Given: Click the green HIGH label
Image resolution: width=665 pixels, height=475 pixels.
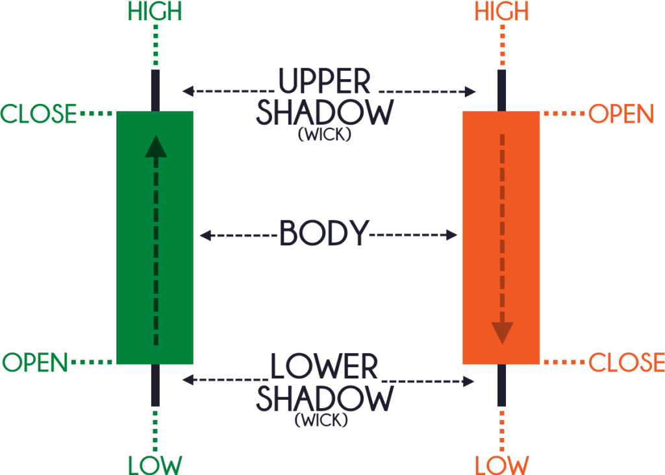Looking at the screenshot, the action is click(x=155, y=12).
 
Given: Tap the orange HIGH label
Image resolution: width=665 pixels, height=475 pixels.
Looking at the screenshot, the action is click(x=502, y=12).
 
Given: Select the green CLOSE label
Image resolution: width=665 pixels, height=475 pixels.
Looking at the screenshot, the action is click(x=38, y=114).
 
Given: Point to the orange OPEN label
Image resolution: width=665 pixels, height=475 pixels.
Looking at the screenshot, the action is click(x=621, y=114).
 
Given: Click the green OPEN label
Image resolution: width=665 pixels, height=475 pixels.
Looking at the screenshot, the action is click(x=35, y=363).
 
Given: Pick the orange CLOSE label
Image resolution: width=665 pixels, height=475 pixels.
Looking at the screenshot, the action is click(x=627, y=362).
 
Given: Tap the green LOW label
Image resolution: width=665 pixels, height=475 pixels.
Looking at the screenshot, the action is click(x=155, y=465).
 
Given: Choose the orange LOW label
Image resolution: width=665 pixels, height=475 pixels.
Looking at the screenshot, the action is click(x=502, y=465).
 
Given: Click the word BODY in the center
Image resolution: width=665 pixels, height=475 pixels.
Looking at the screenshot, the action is click(x=324, y=233).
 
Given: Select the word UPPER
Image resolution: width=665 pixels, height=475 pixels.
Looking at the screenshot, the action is click(x=325, y=81).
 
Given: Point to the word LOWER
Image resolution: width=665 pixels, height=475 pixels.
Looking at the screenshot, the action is click(x=324, y=366).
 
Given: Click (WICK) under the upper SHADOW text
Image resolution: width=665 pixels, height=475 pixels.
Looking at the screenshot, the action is click(x=325, y=134).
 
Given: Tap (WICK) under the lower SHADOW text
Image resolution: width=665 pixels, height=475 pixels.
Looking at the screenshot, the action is click(x=321, y=420).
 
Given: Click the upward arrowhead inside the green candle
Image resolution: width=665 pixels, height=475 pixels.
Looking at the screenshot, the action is click(x=156, y=147).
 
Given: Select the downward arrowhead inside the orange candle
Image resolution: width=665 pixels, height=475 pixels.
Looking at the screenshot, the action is click(x=503, y=333).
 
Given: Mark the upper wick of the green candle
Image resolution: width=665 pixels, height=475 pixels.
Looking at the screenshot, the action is click(x=156, y=90).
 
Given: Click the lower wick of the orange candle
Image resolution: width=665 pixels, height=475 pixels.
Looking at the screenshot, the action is click(x=502, y=385).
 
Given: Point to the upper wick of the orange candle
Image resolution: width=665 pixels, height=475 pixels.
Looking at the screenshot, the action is click(x=502, y=90).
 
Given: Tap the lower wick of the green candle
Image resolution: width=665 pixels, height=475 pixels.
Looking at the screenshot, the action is click(x=156, y=385).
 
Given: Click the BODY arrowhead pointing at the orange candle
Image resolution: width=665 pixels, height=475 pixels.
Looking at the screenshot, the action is click(x=452, y=235).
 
